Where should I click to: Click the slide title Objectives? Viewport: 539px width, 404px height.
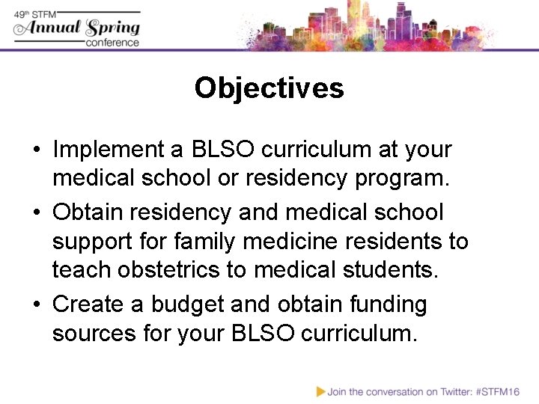coord(269,88)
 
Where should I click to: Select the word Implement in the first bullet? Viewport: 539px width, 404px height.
coord(110,150)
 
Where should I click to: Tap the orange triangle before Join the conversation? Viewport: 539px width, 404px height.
coord(320,391)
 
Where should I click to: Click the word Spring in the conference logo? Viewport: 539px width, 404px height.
coord(112,28)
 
